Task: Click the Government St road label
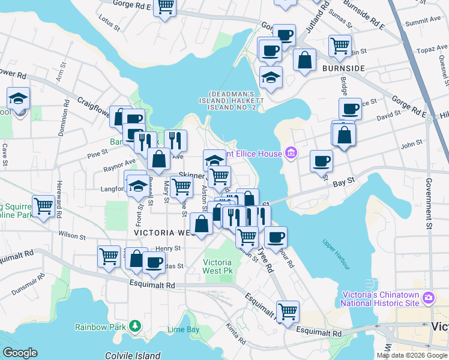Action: tap(429, 204)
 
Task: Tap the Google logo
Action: tap(20, 353)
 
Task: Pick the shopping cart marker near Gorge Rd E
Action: tap(165, 7)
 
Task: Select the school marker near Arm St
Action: tap(19, 98)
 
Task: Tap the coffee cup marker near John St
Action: tap(321, 161)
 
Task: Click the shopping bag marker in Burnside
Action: tap(305, 60)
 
